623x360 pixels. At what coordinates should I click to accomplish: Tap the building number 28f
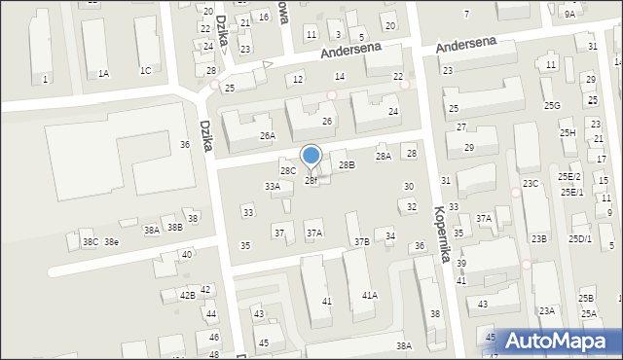pos(311,180)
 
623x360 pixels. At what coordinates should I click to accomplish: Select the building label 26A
pos(267,136)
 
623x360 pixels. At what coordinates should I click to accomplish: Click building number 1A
pos(103,73)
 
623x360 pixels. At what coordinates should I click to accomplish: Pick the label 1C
pos(145,70)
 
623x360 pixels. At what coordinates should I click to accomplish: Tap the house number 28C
pos(288,171)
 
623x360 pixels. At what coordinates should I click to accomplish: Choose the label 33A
pos(273,186)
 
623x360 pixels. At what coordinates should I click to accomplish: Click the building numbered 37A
pos(313,234)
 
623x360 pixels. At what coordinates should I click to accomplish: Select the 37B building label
pos(361,240)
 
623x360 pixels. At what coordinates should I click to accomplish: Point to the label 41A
pos(370,295)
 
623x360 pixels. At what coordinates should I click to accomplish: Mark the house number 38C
pos(90,241)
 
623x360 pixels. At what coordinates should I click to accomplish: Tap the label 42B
pos(187,294)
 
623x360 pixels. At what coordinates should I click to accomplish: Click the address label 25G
pos(552,105)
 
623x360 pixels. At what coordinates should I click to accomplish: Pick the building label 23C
pos(531,183)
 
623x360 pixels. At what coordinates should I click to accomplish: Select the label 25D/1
pos(581,238)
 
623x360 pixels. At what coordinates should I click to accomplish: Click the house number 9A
pos(569,15)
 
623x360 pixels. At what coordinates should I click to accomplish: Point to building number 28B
pos(347,165)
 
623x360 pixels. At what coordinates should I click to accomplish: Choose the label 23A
pos(547,310)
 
